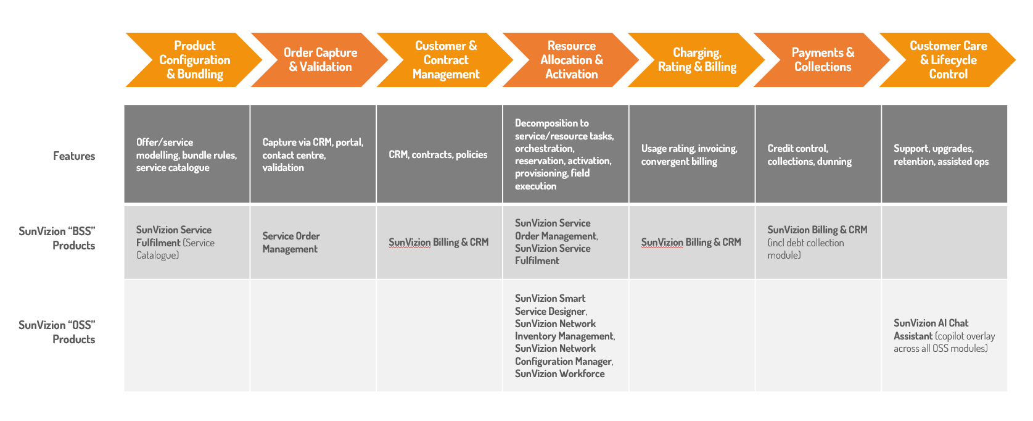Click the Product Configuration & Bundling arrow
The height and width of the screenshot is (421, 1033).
coord(194,60)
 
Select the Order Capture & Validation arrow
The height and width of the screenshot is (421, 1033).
coord(320,60)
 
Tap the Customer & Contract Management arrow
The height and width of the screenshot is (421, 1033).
coord(445,60)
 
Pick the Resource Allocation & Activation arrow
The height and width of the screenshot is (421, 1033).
coord(571,60)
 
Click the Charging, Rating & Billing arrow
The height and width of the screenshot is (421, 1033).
coord(697,60)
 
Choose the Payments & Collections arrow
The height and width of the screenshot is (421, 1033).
coord(823,60)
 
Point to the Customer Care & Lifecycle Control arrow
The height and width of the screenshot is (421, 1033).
coord(948,60)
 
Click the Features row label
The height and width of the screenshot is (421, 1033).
coord(74,156)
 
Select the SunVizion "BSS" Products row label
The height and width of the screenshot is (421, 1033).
coord(57,238)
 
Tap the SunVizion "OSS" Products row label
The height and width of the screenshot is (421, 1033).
coord(57,332)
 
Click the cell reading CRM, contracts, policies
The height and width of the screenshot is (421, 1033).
coord(438,155)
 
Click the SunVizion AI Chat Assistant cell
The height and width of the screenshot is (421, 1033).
coord(944,336)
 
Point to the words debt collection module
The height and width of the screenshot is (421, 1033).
coord(805,249)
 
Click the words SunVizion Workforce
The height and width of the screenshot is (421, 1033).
coord(559,374)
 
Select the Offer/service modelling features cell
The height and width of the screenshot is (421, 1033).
coord(186,155)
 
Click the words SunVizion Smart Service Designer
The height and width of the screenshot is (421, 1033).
coord(550,305)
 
